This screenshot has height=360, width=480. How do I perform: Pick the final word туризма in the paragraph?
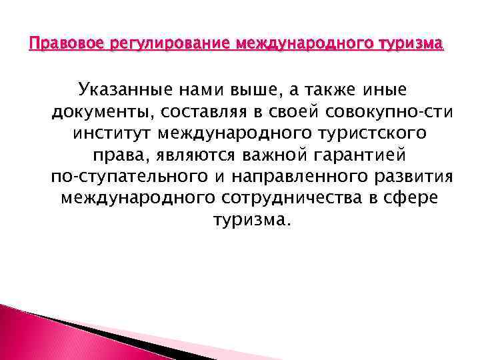[x=251, y=220]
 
